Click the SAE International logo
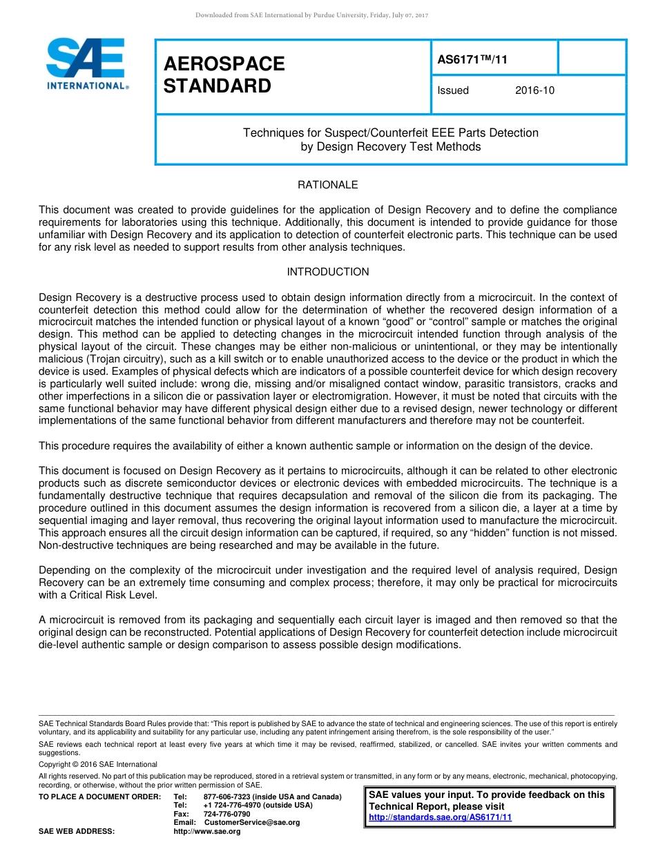86,64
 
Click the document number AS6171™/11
472,59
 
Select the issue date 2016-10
534,90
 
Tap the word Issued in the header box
453,90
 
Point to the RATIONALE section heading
327,185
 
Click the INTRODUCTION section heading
327,272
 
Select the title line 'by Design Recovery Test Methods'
390,147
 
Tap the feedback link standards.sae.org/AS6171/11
440,817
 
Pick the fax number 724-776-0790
226,814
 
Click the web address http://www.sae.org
207,832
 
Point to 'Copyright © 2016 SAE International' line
98,764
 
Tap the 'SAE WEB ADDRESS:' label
77,832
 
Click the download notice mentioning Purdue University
312,15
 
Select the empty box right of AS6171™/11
591,57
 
